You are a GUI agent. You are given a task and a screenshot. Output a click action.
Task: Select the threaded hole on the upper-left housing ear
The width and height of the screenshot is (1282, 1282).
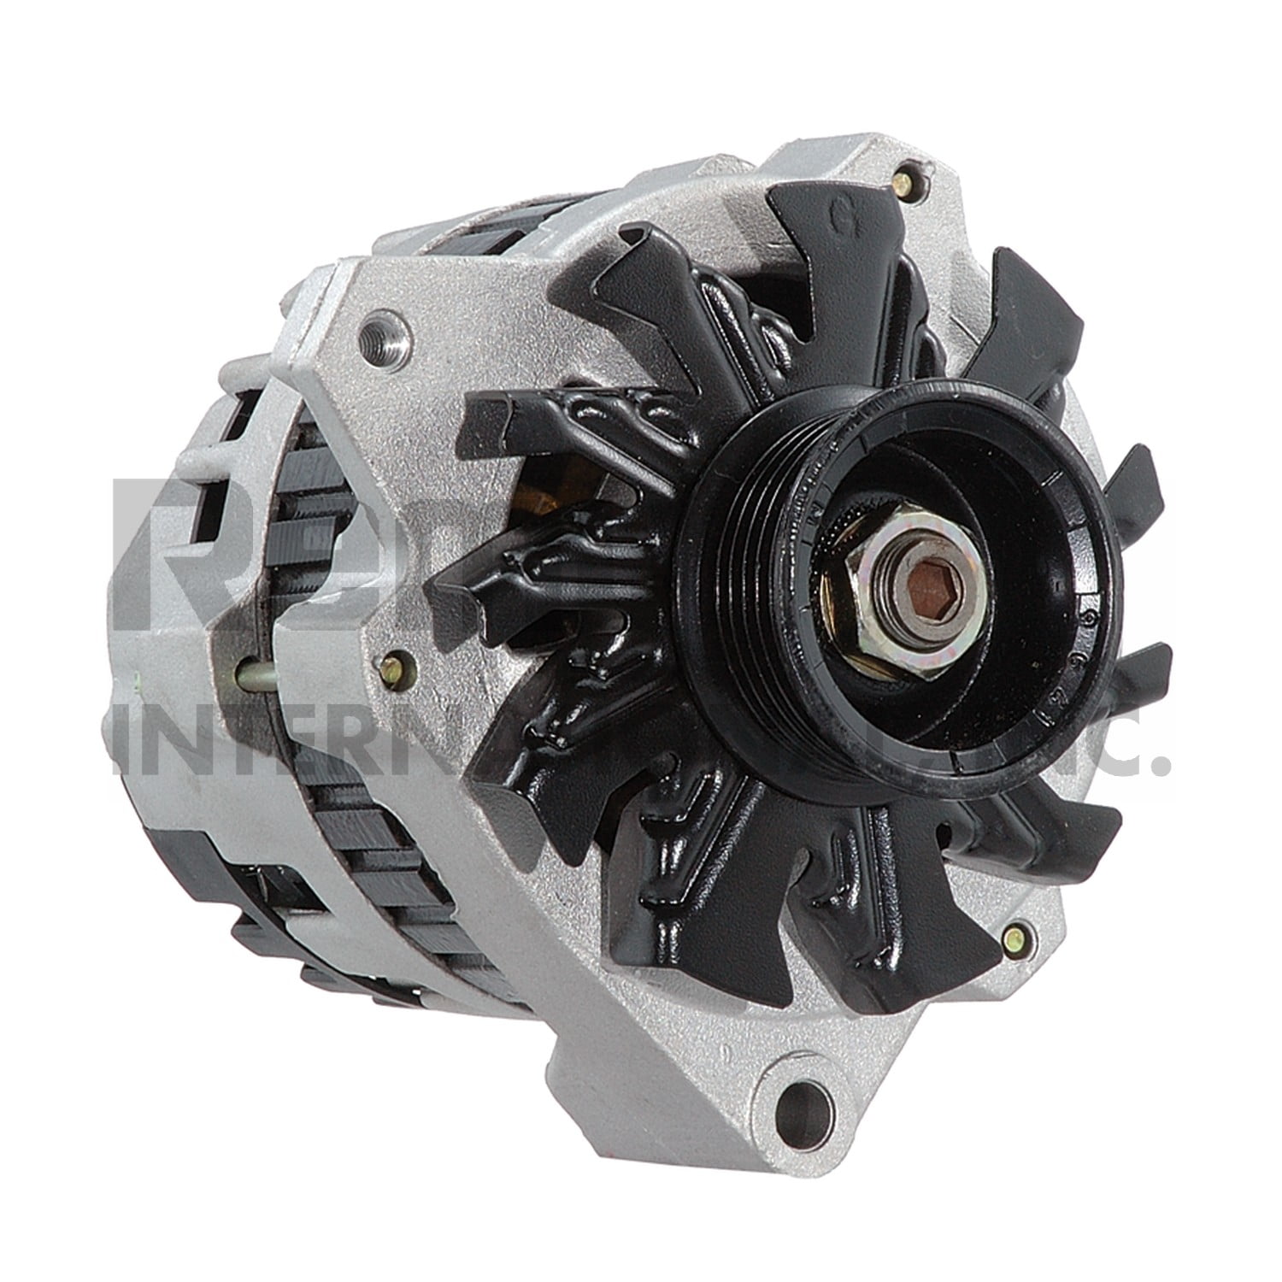377,327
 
